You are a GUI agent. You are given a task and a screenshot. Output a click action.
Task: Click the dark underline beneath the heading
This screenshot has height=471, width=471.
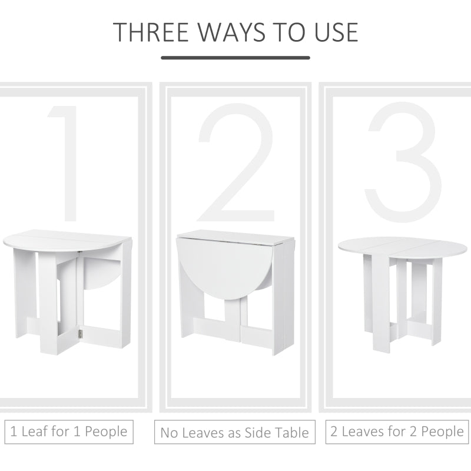coord(235,58)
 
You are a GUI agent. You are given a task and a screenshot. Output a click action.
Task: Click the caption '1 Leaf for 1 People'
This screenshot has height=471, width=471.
coord(69,432)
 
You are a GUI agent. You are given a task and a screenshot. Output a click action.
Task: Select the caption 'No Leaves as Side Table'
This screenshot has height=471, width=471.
coord(235,433)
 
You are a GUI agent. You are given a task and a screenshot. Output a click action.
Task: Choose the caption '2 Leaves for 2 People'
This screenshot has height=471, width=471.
coord(397,432)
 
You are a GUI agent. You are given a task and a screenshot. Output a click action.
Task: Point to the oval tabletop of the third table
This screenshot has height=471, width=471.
coord(402,246)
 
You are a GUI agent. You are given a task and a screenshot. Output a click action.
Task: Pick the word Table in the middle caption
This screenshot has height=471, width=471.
coord(293,433)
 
